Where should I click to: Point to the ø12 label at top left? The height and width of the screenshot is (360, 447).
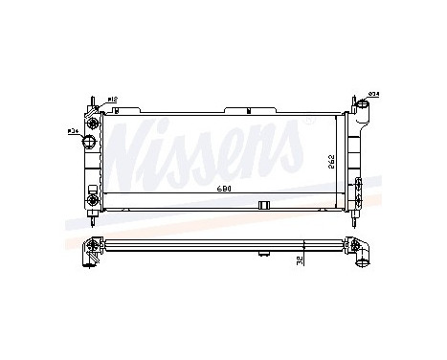113,99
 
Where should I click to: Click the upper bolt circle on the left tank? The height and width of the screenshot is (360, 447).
93,123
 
